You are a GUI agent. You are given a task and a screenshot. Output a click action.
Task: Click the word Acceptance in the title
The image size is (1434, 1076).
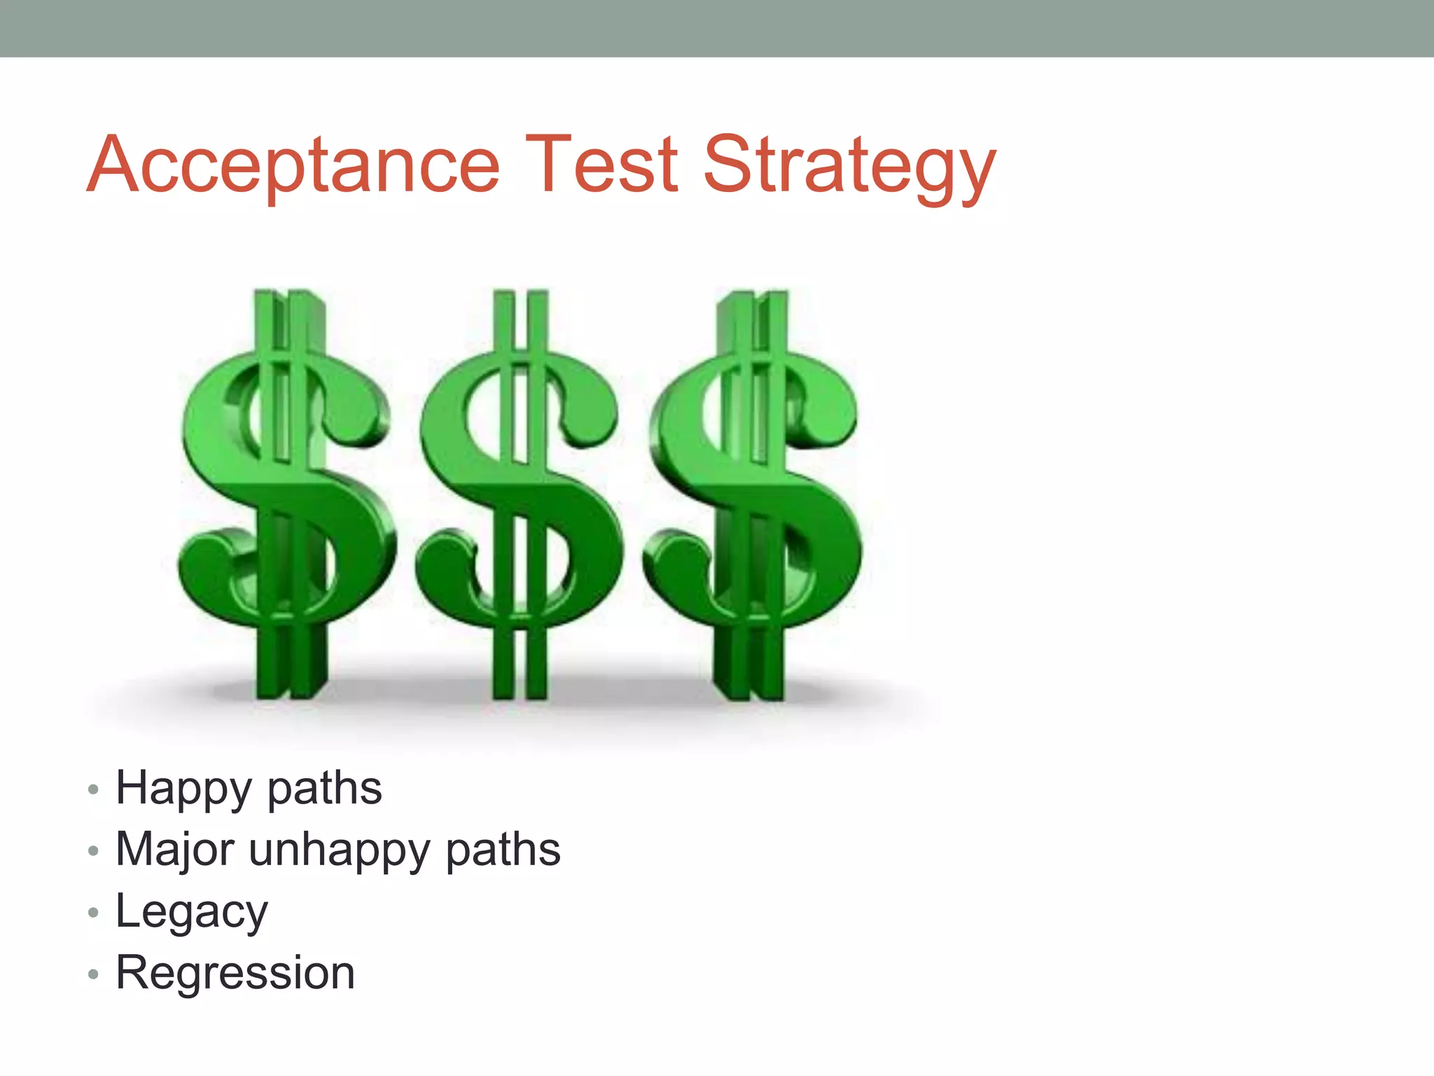pyautogui.click(x=293, y=165)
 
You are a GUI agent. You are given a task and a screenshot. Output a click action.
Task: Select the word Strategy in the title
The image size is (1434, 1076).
pyautogui.click(x=849, y=168)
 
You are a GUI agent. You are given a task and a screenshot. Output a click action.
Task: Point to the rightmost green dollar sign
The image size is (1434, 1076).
pyautogui.click(x=753, y=494)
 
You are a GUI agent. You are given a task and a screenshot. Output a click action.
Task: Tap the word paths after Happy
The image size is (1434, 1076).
pyautogui.click(x=325, y=789)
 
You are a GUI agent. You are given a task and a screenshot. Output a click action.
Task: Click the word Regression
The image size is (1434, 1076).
pyautogui.click(x=235, y=973)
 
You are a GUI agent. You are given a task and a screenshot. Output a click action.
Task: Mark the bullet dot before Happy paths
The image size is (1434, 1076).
pyautogui.click(x=94, y=790)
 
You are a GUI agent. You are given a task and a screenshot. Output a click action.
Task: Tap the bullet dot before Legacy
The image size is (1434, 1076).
pyautogui.click(x=94, y=913)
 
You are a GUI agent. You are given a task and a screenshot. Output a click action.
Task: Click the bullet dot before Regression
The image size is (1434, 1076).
pyautogui.click(x=94, y=974)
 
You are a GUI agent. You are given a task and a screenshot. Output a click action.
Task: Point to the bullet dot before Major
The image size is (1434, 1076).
pyautogui.click(x=94, y=851)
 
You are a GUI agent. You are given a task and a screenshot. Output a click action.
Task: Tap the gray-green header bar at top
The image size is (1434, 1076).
pyautogui.click(x=717, y=28)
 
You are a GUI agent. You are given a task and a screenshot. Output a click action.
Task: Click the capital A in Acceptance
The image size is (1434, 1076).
pyautogui.click(x=114, y=165)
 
